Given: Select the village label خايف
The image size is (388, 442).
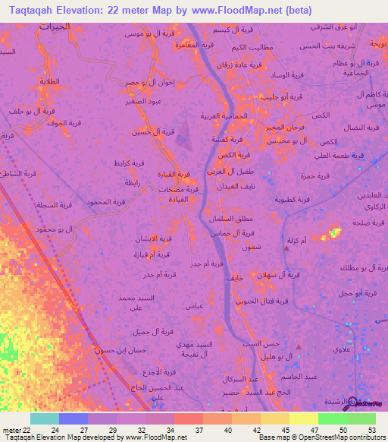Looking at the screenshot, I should [233, 279].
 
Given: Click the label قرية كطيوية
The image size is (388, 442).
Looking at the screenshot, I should [293, 199].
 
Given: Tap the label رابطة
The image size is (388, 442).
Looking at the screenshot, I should [132, 183].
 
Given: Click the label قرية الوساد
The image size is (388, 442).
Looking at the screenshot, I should [271, 74].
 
